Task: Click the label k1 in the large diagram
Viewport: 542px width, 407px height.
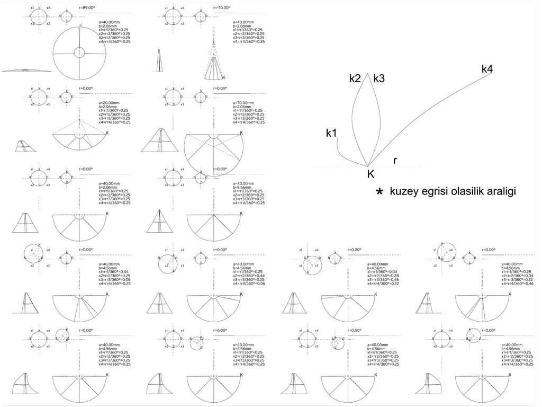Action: tap(331, 133)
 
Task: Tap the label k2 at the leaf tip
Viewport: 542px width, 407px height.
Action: tap(355, 78)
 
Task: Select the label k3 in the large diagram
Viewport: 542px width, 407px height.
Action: tap(379, 78)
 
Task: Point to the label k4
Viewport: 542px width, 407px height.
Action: tap(487, 69)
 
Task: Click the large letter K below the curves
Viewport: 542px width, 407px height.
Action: tap(371, 174)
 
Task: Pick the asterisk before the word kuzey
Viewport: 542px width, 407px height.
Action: tap(379, 191)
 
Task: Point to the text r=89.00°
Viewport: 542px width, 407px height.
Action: tap(86, 7)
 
